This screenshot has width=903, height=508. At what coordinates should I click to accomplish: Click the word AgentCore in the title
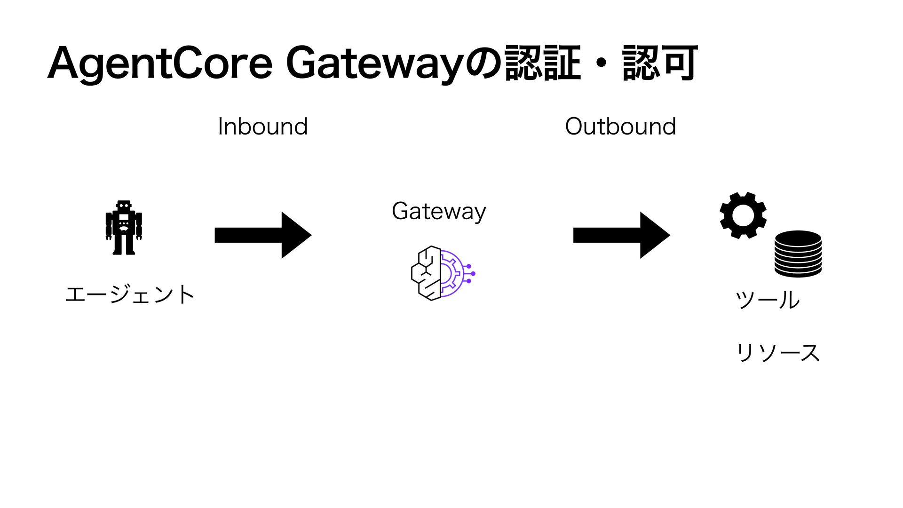[160, 63]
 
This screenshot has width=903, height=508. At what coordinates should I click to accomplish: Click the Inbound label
[263, 127]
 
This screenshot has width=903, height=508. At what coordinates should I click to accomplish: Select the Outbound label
[620, 127]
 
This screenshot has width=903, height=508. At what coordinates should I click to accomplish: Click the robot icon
[124, 228]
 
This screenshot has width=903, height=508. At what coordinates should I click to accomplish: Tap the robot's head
[124, 206]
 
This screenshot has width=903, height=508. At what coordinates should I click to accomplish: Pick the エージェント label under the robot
[130, 295]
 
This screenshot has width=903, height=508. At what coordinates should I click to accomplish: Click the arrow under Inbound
[262, 235]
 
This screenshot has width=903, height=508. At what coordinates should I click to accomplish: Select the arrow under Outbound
[621, 235]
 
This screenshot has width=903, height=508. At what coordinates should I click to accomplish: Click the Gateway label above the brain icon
[439, 211]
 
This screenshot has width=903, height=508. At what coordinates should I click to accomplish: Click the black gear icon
[743, 215]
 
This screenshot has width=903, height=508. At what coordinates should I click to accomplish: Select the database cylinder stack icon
[798, 254]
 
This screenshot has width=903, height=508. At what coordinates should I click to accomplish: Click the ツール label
[767, 300]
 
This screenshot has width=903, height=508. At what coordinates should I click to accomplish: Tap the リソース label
[778, 352]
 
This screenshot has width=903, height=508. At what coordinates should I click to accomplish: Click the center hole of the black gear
[743, 215]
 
